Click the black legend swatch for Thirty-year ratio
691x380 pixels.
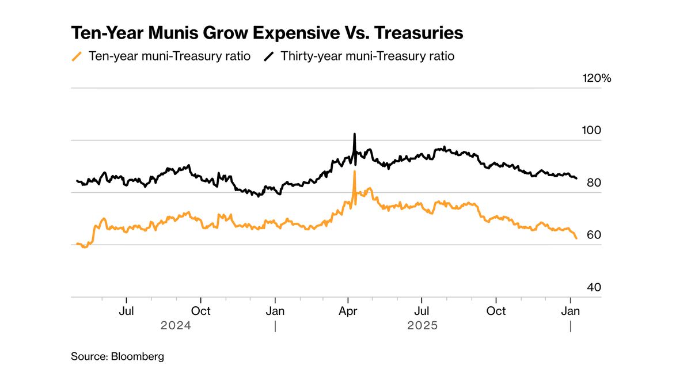pos(268,56)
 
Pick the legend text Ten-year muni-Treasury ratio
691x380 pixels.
pos(169,56)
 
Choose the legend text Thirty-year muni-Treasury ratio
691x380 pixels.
pos(367,56)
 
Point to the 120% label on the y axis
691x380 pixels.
pos(596,78)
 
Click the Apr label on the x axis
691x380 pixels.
pos(348,311)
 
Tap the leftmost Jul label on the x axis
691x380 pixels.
pos(126,311)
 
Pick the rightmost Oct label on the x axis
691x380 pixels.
pos(496,311)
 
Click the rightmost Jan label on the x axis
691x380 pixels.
pos(570,311)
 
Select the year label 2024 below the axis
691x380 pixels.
pos(176,325)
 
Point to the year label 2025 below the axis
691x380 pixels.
pos(423,325)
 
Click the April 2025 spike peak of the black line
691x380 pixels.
pos(354,134)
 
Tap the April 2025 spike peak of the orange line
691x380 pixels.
pos(354,172)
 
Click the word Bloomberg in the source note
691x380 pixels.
pos(137,356)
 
